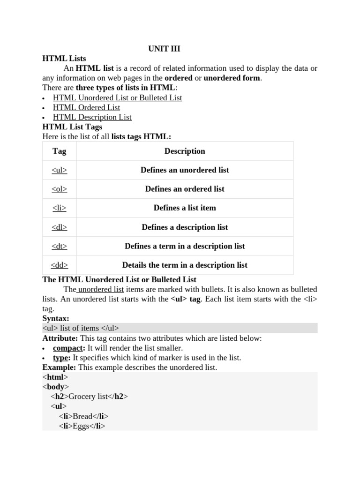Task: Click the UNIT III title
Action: click(x=164, y=49)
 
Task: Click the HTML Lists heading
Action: click(x=64, y=59)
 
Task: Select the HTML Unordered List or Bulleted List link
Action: click(x=117, y=97)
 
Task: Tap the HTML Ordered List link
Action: click(x=86, y=107)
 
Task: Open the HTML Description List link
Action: click(x=92, y=117)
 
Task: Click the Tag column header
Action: click(x=60, y=151)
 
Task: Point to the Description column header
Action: click(x=185, y=151)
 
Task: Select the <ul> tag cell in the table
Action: click(x=60, y=170)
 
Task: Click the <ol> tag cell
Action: click(x=60, y=189)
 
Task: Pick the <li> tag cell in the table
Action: click(x=60, y=208)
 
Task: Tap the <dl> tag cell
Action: click(x=60, y=227)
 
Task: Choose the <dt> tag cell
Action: click(x=60, y=246)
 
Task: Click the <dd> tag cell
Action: click(x=60, y=265)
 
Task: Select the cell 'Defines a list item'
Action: click(x=185, y=208)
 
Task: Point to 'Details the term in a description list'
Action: click(x=185, y=265)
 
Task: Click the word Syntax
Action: click(x=55, y=318)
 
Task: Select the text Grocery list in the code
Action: click(x=88, y=397)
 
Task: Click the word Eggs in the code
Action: click(x=81, y=426)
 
